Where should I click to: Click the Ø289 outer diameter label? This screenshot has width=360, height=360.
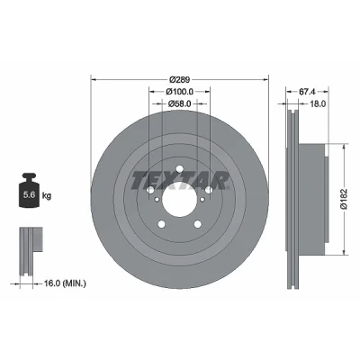[x=179, y=80]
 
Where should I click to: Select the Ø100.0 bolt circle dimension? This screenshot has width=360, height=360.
[x=179, y=91]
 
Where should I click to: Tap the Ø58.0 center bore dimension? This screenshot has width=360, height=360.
[x=179, y=103]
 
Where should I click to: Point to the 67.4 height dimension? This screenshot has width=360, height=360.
[x=308, y=91]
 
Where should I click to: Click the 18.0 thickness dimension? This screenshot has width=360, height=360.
[x=318, y=103]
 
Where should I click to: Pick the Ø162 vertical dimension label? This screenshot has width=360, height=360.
[x=344, y=199]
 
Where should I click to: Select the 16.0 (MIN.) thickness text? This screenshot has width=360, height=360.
[x=65, y=283]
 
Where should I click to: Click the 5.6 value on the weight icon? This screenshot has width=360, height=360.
[x=30, y=195]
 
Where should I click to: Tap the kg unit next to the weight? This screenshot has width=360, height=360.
[x=47, y=196]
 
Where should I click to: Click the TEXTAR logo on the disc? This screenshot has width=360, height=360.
[x=179, y=181]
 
